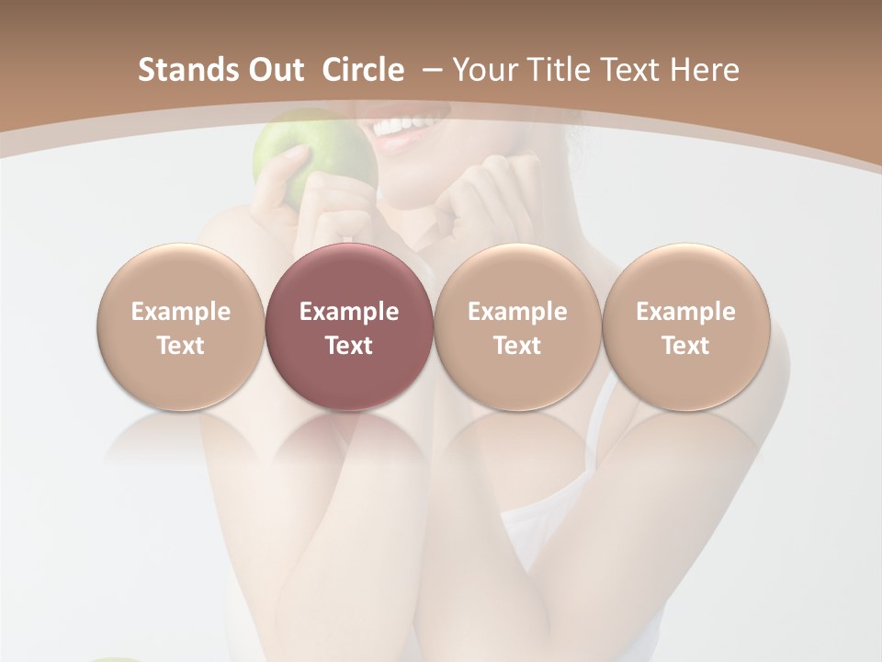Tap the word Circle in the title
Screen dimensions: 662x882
[363, 70]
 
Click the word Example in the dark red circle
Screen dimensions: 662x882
[349, 312]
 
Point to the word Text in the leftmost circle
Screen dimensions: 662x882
[180, 346]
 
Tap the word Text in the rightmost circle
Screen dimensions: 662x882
[685, 346]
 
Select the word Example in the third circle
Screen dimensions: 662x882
[517, 312]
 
